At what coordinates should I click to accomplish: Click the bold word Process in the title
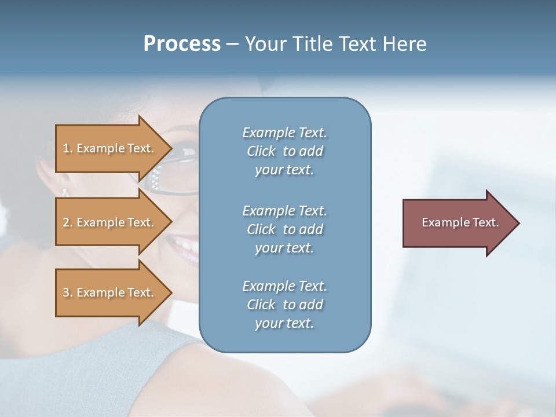182,44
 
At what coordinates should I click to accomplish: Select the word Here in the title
404,44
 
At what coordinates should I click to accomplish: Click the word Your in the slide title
265,44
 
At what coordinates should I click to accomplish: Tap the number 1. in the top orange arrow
68,148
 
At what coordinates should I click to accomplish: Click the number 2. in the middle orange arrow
68,222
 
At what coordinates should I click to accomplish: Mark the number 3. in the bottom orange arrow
68,292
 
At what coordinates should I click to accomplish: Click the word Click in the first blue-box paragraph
261,151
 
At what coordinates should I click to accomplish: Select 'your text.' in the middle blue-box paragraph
284,248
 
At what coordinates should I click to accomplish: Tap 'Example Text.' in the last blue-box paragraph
284,286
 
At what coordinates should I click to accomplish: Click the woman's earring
65,192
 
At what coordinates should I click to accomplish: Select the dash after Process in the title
232,44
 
